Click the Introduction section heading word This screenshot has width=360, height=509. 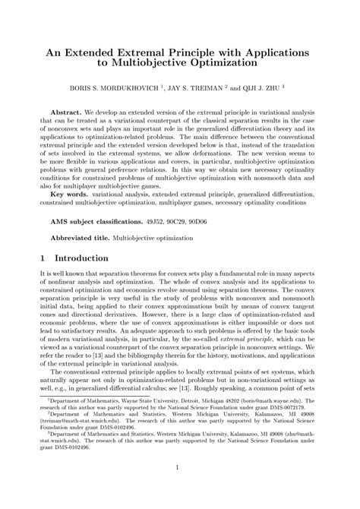tap(90, 258)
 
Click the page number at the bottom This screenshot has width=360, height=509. tap(179, 488)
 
